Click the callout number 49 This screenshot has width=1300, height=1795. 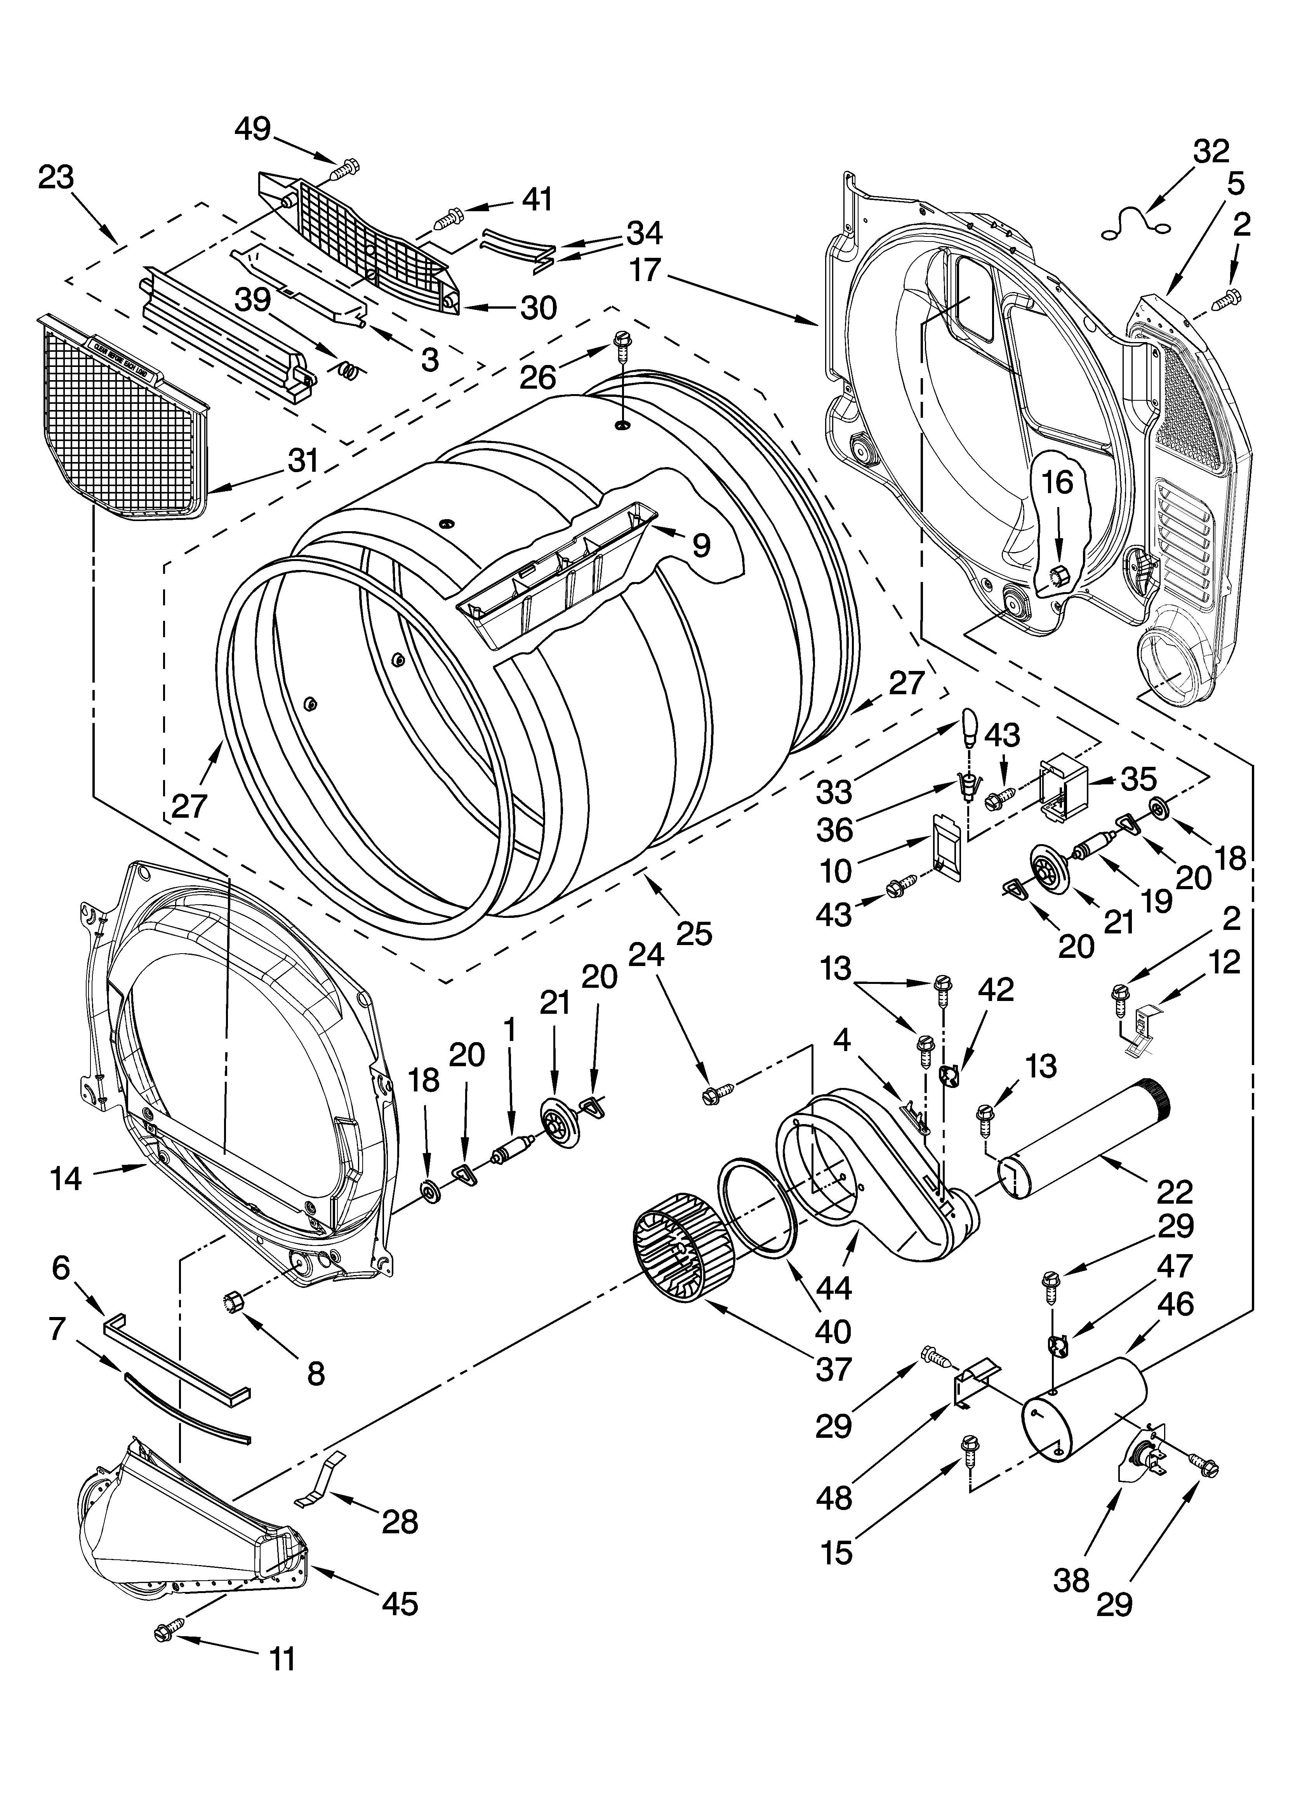[x=252, y=129]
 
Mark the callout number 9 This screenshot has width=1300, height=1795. [x=702, y=544]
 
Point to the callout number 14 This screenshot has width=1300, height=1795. [x=66, y=1178]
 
